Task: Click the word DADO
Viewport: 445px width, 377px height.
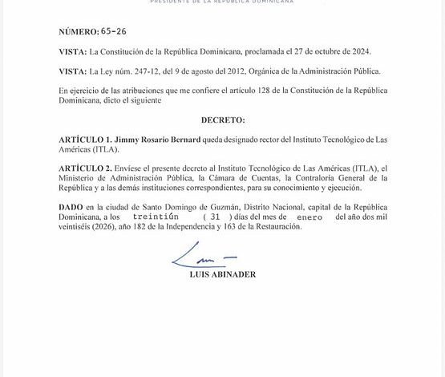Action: tap(71, 208)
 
